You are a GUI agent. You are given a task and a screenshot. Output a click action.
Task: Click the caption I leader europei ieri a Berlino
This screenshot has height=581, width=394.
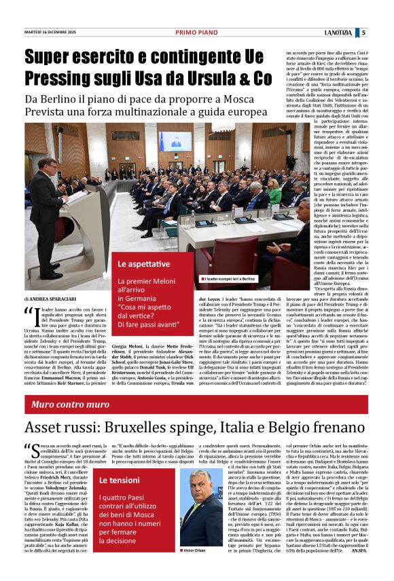pyautogui.click(x=234, y=279)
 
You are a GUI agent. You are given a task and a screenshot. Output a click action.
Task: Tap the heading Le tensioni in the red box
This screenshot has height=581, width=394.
pyautogui.click(x=119, y=481)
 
